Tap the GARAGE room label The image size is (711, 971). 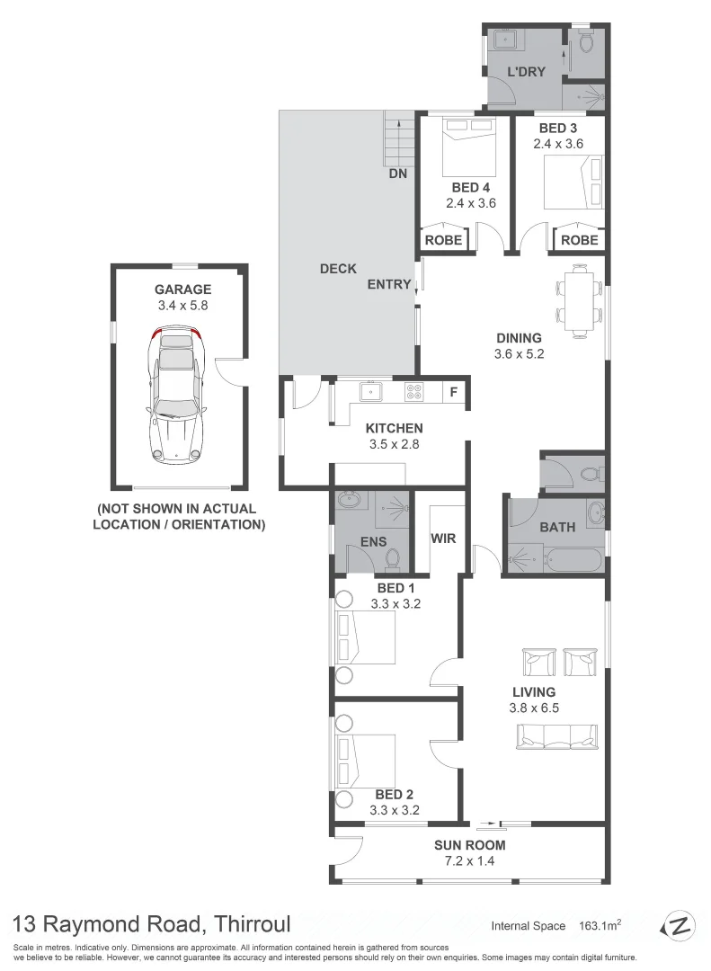point(182,290)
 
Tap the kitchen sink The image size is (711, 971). point(369,391)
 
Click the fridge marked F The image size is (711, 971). point(454,392)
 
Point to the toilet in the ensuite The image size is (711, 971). point(392,558)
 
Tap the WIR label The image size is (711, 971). point(444,539)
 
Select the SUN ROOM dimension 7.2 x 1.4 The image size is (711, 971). point(469,861)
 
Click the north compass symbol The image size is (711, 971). point(680,926)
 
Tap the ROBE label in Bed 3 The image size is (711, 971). point(579,240)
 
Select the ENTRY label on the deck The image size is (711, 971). point(389,284)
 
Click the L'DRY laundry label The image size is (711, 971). point(526,72)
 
